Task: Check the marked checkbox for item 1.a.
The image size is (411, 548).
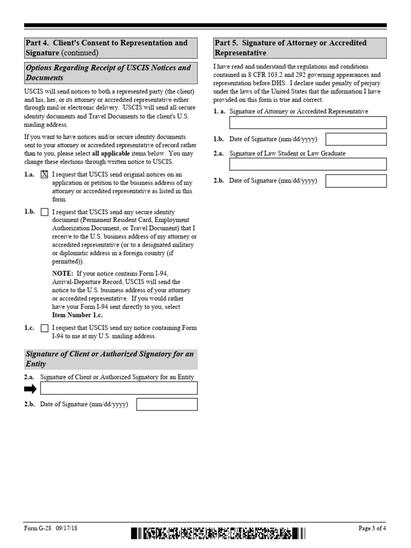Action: (44, 174)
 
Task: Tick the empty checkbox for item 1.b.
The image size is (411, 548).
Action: (44, 212)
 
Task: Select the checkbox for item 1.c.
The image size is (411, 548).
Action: (44, 328)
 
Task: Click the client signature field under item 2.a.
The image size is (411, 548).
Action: (119, 388)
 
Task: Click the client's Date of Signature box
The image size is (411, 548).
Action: (167, 405)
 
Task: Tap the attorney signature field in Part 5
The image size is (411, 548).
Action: (308, 123)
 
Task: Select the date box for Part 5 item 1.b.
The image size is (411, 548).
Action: (356, 139)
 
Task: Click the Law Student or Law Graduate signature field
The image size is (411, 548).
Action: (308, 164)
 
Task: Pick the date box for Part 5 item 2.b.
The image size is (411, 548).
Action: (356, 181)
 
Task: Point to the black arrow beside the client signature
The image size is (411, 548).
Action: (31, 389)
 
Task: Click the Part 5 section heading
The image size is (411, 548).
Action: (300, 48)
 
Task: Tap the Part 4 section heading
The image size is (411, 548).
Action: (111, 48)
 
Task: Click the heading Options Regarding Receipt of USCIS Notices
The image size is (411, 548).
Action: (111, 73)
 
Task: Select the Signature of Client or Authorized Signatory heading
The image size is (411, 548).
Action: (111, 359)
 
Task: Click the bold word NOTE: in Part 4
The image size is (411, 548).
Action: (62, 273)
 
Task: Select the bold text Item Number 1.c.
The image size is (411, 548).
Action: (77, 315)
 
